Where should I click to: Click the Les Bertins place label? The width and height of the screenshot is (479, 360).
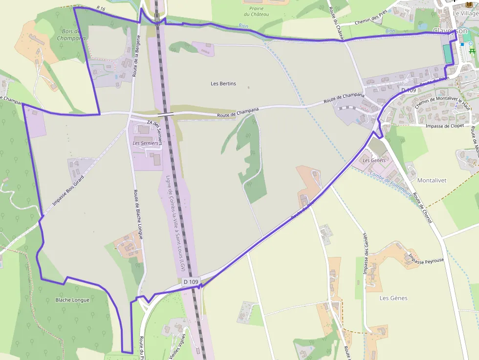(223, 84)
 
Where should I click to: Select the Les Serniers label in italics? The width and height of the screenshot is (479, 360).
(146, 143)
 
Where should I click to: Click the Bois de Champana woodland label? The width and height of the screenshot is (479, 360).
(71, 34)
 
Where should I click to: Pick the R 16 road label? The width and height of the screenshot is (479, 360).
(101, 8)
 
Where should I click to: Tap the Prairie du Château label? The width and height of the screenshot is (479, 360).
(256, 11)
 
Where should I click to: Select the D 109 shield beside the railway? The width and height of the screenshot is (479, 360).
(191, 282)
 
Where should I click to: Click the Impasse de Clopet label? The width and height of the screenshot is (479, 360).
(444, 126)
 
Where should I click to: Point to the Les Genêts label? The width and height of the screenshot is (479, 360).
(374, 160)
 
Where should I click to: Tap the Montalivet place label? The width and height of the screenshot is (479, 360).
(432, 180)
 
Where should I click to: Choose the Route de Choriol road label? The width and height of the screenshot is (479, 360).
(423, 208)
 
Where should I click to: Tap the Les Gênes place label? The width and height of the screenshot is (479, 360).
(393, 298)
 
